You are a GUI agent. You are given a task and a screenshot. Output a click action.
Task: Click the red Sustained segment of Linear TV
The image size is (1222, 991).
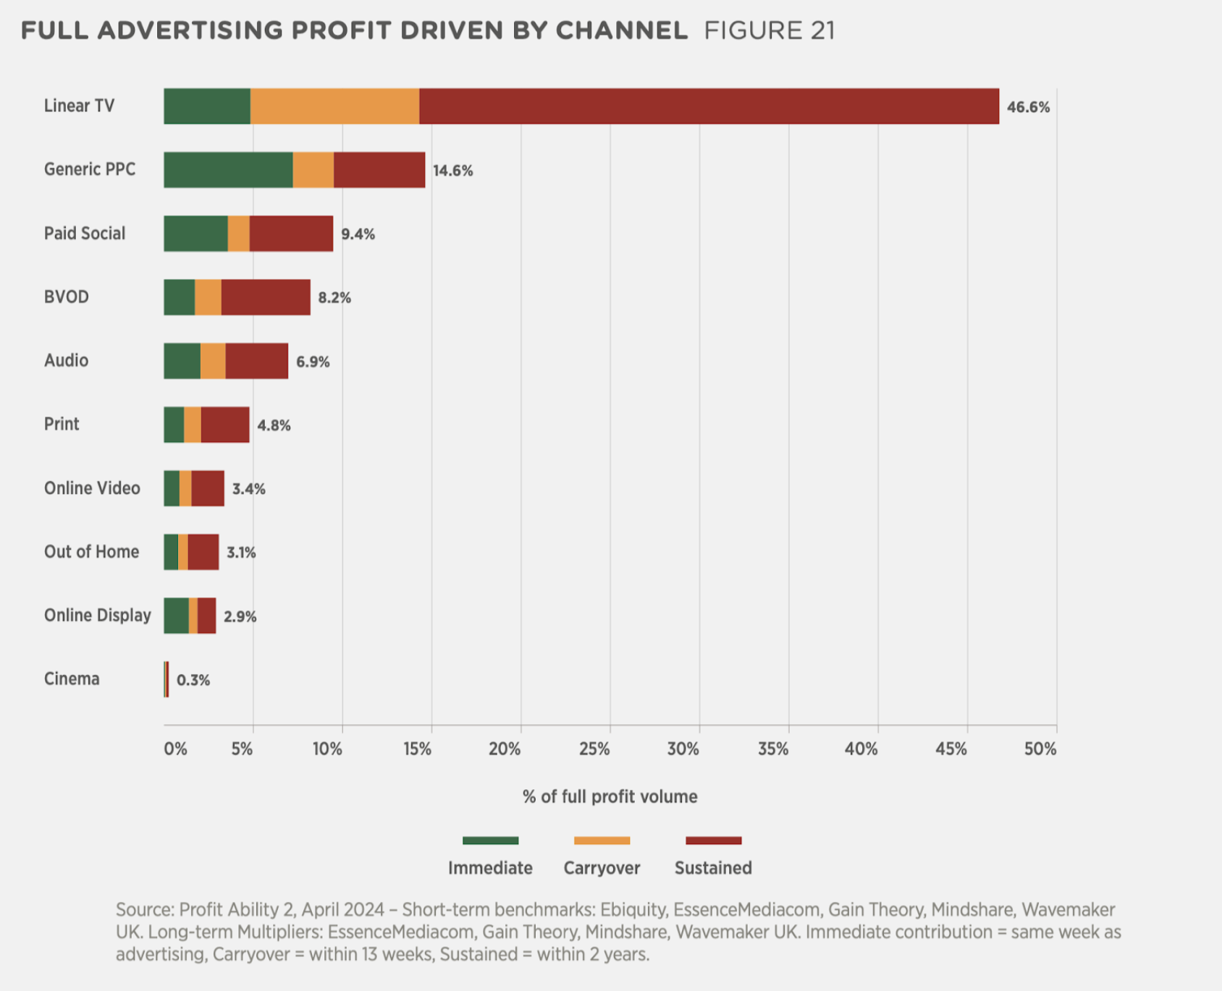click(709, 106)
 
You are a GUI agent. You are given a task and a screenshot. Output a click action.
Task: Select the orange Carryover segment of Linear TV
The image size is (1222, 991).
click(334, 106)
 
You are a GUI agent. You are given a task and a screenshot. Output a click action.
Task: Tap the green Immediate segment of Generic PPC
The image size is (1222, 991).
click(228, 170)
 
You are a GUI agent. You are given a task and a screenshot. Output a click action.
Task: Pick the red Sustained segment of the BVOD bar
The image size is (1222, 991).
click(266, 297)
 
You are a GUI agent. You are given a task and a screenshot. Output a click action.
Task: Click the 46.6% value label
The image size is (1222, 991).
click(1028, 107)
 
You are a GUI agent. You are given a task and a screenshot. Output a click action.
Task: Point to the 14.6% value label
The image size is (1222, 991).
click(452, 171)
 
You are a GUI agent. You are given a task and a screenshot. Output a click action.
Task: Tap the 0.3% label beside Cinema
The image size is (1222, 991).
click(193, 680)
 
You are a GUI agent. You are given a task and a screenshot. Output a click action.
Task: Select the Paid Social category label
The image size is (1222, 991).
click(85, 234)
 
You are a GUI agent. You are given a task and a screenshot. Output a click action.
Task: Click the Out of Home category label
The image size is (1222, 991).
click(91, 552)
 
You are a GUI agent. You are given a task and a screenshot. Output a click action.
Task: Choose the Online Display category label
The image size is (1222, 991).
click(98, 616)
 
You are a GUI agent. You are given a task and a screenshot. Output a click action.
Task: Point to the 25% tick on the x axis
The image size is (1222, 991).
click(594, 749)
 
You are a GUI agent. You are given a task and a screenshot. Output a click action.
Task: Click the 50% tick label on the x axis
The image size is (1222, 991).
click(1040, 749)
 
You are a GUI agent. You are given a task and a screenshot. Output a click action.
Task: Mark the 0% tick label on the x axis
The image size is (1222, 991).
click(175, 749)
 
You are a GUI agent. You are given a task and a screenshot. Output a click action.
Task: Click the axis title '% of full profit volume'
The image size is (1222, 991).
click(610, 796)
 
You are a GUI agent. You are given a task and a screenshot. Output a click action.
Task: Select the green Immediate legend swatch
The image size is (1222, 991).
click(490, 841)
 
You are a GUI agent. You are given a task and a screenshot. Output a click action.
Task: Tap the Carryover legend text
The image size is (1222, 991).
click(602, 868)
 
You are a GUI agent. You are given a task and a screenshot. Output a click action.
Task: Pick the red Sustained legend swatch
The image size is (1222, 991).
click(713, 841)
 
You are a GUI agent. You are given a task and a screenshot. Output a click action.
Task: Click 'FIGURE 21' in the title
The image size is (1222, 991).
click(770, 31)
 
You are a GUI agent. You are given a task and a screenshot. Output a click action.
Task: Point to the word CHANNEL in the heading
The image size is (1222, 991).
click(621, 31)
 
